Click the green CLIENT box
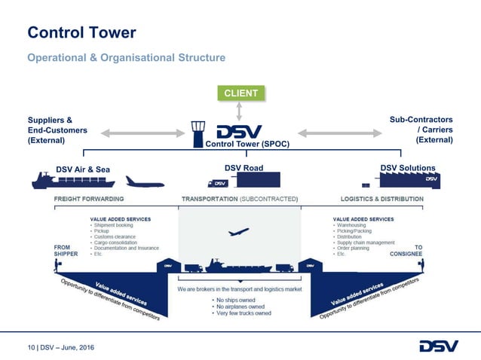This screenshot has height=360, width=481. (x=240, y=93)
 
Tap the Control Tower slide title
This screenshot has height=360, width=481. (x=81, y=32)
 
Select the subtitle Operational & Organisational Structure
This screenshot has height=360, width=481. (x=126, y=58)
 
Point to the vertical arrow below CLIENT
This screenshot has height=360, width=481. (x=240, y=111)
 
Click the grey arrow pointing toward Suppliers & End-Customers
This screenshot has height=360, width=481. (x=142, y=134)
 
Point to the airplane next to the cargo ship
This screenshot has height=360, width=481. (x=144, y=182)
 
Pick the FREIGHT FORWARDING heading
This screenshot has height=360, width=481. (x=89, y=199)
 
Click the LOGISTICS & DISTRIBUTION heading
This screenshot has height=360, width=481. (x=382, y=199)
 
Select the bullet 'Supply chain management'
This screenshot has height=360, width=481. (x=367, y=242)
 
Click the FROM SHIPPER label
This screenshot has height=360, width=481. (x=68, y=250)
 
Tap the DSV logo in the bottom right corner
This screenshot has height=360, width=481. (x=437, y=346)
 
